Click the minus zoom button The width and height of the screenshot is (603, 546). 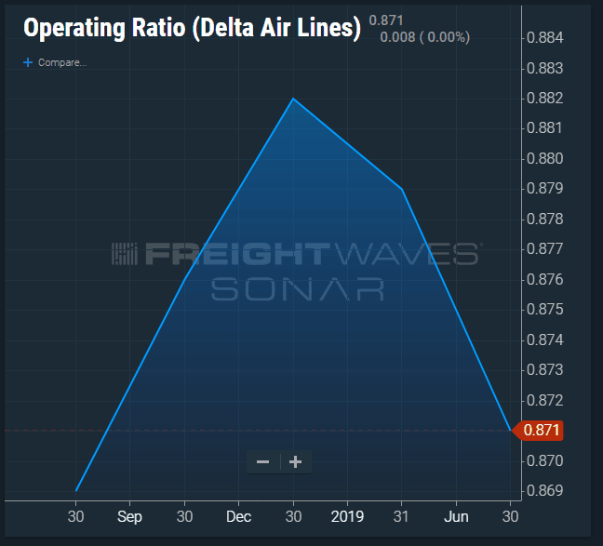263,461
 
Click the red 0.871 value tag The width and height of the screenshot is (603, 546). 542,431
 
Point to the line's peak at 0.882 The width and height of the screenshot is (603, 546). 293,99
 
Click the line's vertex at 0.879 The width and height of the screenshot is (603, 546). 401,190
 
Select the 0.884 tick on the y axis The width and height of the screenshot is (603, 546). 544,38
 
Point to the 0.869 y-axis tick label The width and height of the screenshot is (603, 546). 544,490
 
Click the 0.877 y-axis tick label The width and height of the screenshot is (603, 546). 544,249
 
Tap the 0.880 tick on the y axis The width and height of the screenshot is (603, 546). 544,158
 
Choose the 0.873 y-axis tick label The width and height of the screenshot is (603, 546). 544,369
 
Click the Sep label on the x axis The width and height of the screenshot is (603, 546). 131,516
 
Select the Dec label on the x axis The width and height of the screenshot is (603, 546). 239,516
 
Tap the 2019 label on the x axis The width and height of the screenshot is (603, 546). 347,516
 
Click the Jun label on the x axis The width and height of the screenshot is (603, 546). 456,516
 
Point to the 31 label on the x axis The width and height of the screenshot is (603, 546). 402,516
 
